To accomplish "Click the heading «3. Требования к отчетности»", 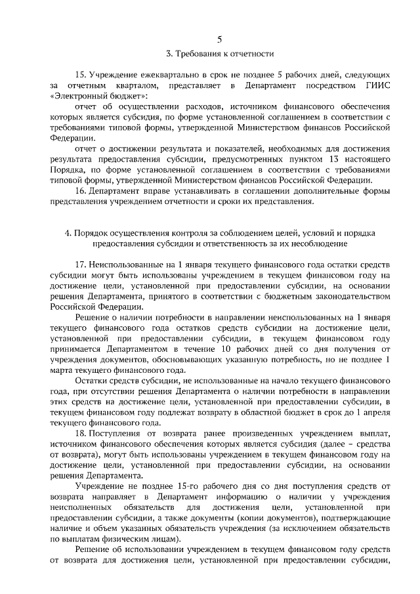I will [x=210, y=53].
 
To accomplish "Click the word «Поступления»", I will [x=121, y=435].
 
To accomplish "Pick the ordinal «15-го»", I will [x=182, y=487].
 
